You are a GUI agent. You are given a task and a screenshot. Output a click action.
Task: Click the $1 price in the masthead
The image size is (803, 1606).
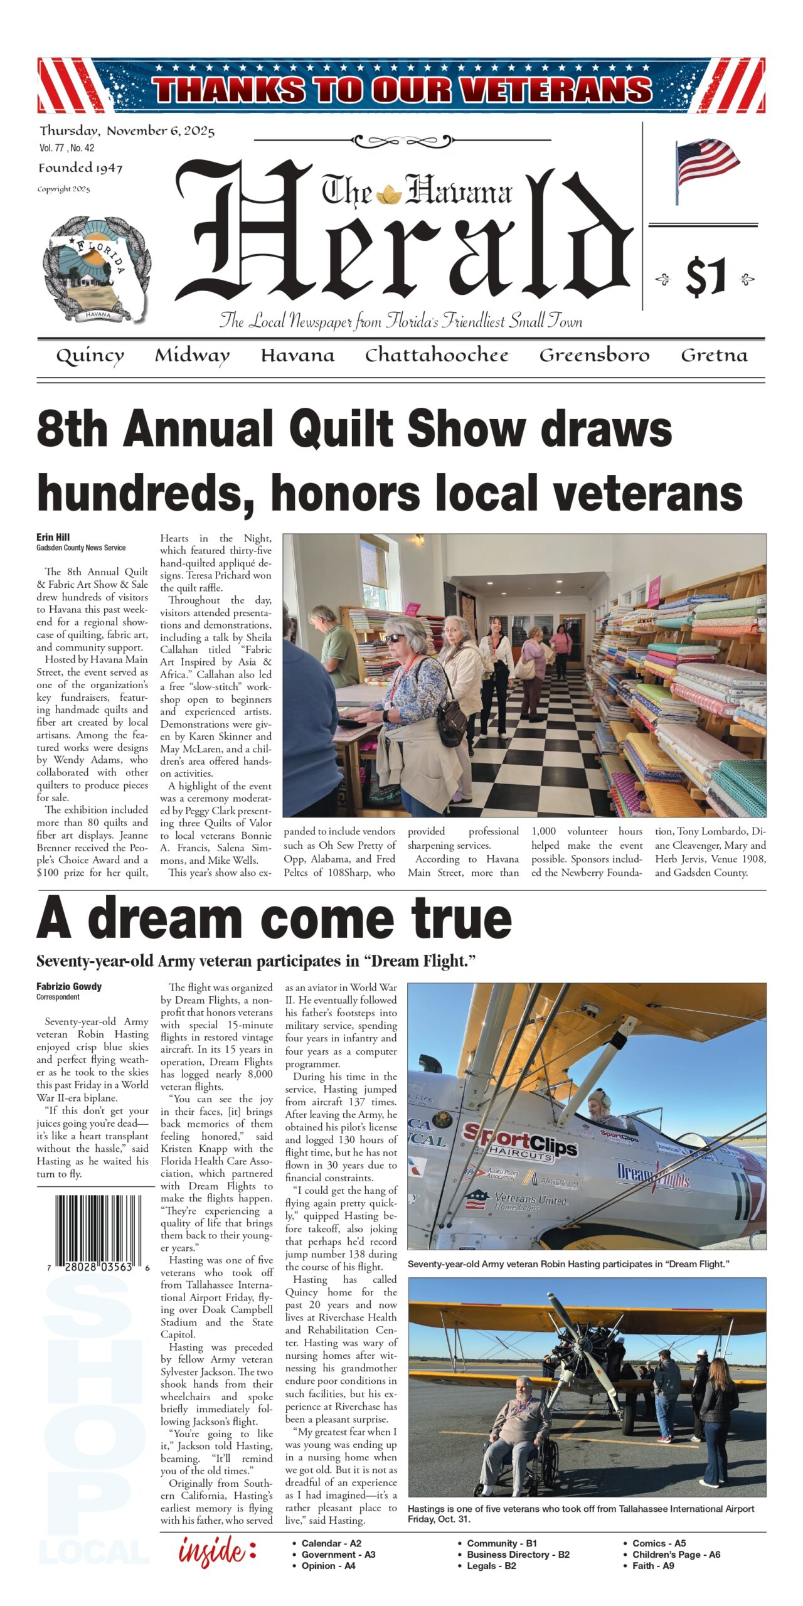706,277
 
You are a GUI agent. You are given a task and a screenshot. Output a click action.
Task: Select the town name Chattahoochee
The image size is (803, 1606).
437,355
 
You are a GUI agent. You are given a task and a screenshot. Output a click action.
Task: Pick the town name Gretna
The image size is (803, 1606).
714,355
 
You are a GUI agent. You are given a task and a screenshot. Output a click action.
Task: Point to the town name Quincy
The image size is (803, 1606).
90,356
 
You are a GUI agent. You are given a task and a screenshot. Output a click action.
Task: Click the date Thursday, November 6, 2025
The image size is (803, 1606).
127,131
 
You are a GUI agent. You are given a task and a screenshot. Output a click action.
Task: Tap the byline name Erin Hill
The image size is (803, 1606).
53,537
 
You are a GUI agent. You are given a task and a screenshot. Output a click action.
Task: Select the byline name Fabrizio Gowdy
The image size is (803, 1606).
69,986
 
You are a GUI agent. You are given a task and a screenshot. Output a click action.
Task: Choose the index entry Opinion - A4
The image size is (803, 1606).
328,1566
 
